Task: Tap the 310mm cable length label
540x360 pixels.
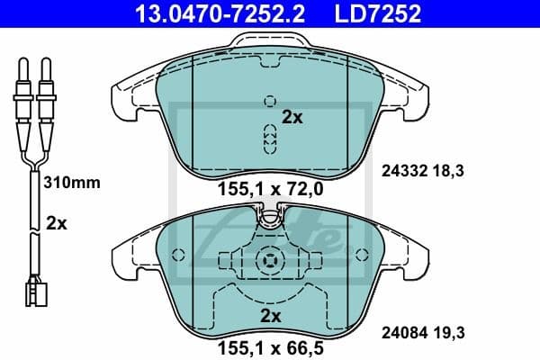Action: [x=72, y=182]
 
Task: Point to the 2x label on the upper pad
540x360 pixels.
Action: [x=292, y=116]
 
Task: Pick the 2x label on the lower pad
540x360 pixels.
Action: [x=270, y=315]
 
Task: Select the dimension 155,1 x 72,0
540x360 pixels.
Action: [x=270, y=190]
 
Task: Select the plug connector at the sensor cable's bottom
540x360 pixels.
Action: [x=34, y=292]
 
